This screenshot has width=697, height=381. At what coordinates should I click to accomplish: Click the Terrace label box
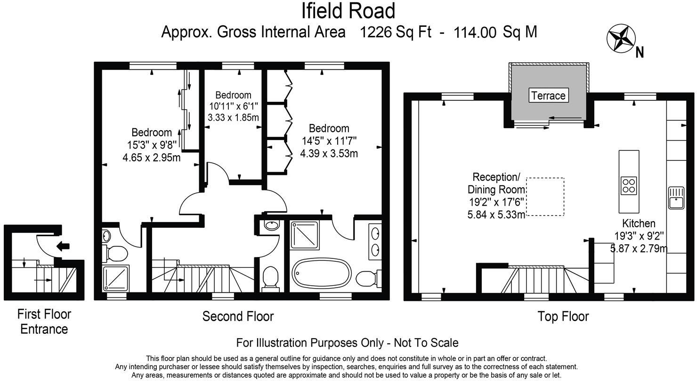click(548, 95)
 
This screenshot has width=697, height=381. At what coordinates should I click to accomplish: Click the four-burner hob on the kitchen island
click(629, 185)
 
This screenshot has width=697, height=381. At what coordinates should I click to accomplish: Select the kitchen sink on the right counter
click(676, 197)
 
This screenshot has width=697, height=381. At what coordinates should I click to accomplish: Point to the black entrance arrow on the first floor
click(62, 246)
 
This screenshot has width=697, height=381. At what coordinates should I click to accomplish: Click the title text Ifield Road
click(348, 11)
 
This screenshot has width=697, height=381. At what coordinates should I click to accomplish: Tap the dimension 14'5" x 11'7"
click(329, 141)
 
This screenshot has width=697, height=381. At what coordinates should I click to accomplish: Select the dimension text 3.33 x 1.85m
click(233, 117)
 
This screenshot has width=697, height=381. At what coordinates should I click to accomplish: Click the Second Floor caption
click(238, 316)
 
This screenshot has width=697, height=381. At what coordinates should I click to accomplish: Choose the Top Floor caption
click(563, 316)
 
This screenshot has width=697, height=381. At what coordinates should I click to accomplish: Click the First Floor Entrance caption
click(44, 321)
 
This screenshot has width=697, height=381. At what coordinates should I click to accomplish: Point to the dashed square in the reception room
click(545, 197)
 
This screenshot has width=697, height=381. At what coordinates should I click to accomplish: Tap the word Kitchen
click(639, 223)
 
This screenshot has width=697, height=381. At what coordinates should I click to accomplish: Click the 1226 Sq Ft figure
click(396, 32)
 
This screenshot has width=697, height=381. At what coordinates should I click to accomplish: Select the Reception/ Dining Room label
click(496, 183)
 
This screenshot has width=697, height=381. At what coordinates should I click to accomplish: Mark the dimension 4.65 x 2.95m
click(151, 157)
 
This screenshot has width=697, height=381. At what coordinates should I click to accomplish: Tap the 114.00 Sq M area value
click(495, 32)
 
